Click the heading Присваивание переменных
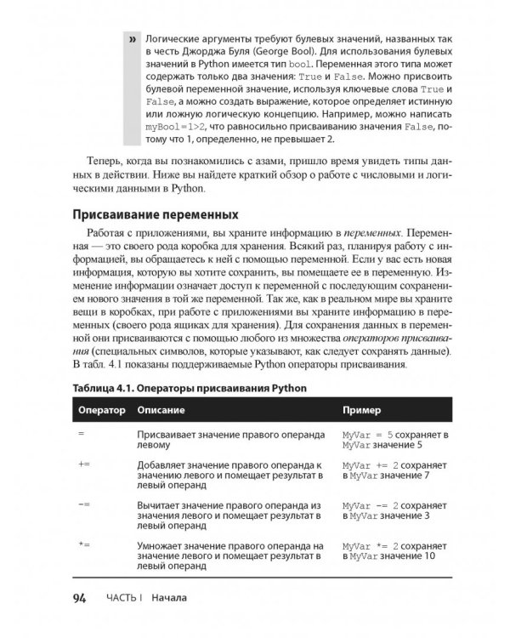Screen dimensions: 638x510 pos(156,212)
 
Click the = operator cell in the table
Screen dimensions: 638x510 pos(82,434)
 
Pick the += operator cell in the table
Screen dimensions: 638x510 pos(83,466)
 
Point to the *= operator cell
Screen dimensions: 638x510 pos(83,543)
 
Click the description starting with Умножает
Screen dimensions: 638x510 pos(229,554)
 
